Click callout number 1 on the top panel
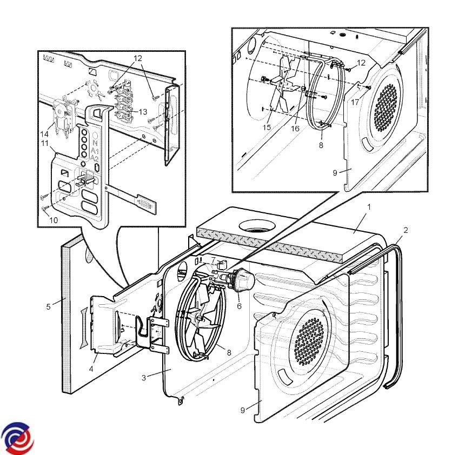click(x=369, y=207)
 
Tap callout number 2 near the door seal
click(x=406, y=230)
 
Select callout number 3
click(x=144, y=378)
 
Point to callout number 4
click(x=91, y=369)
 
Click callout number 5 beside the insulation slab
click(x=48, y=306)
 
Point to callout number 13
click(x=143, y=112)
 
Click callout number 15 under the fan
click(x=267, y=128)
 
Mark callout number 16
click(x=295, y=129)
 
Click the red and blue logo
click(x=17, y=437)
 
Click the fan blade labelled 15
click(x=284, y=86)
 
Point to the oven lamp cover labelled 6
click(x=244, y=279)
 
